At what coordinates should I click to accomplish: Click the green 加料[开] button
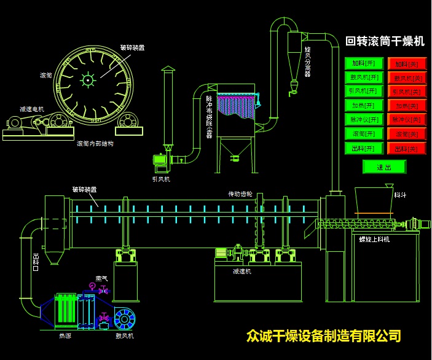(x=364, y=63)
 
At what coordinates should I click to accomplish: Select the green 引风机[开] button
(x=364, y=91)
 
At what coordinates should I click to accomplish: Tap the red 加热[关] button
(x=407, y=106)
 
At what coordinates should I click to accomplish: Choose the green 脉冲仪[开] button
(x=364, y=119)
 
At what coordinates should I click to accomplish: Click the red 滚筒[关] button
(x=407, y=134)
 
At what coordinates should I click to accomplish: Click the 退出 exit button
(x=384, y=166)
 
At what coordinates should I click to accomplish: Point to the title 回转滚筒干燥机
(x=385, y=42)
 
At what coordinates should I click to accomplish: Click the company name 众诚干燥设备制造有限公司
(x=323, y=336)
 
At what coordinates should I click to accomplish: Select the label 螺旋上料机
(x=374, y=239)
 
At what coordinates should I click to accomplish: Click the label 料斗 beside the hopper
(x=400, y=195)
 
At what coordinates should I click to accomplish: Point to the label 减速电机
(x=31, y=109)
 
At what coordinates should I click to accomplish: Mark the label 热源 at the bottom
(x=65, y=336)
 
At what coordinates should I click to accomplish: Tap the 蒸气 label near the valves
(x=101, y=278)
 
